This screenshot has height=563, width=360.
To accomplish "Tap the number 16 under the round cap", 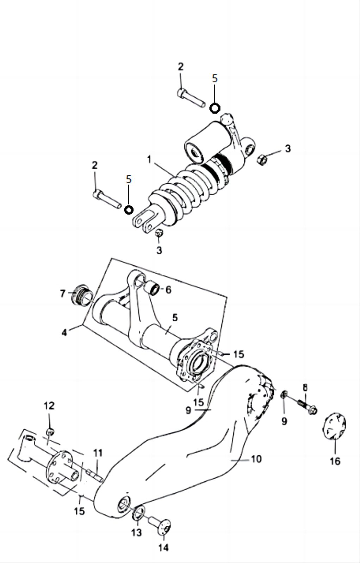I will click(x=335, y=461).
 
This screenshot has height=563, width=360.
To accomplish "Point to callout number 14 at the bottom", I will click(x=163, y=547).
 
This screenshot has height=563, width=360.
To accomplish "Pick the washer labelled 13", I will click(x=139, y=512).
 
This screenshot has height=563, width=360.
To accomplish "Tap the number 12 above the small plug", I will click(x=49, y=406).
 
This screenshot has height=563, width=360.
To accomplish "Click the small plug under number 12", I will click(x=50, y=431).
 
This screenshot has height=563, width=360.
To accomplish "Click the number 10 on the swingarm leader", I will click(x=256, y=459).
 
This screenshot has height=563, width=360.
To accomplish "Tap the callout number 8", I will click(x=305, y=387).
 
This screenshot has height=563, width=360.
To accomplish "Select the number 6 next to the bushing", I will click(x=168, y=290).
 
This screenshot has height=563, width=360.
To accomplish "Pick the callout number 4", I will click(x=64, y=332).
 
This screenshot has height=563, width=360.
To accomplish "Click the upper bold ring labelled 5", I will click(x=215, y=108).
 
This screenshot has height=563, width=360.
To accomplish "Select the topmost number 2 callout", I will click(x=181, y=67).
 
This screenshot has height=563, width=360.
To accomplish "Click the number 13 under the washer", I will click(x=136, y=532).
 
